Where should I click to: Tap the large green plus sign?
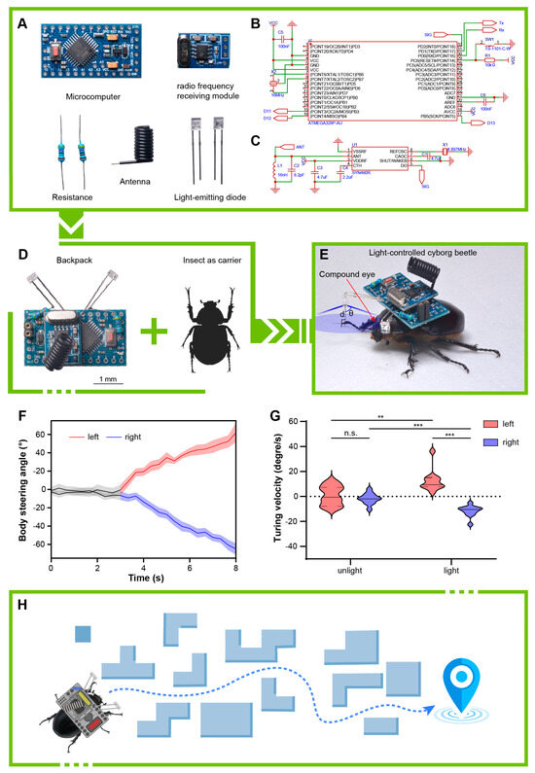pos(149,333)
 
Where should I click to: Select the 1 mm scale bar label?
pos(108,377)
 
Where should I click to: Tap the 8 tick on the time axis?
pos(234,566)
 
